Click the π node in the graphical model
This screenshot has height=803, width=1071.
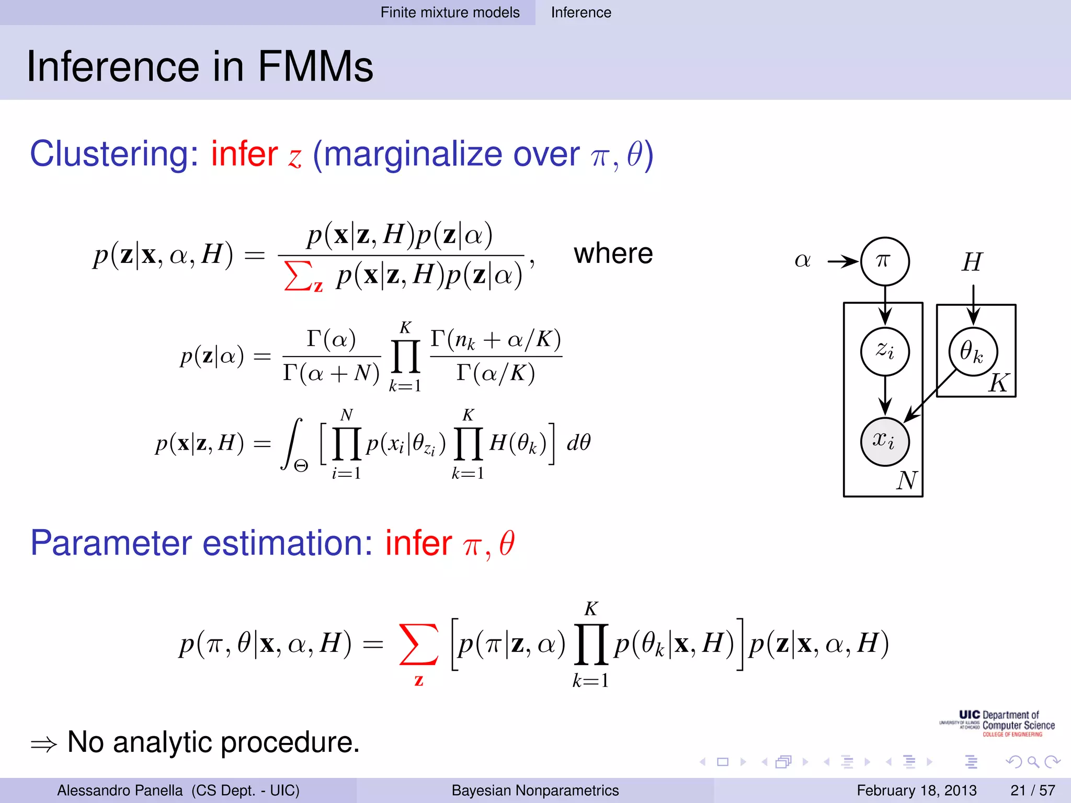(x=885, y=261)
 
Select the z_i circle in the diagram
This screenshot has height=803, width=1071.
(x=885, y=351)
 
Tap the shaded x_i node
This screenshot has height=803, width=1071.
(x=885, y=441)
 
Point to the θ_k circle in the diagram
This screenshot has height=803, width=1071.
(x=973, y=351)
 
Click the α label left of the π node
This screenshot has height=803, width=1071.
(x=803, y=260)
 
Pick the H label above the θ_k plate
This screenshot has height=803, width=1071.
(x=973, y=262)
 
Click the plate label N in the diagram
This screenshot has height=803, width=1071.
(x=907, y=480)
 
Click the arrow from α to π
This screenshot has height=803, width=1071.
(x=843, y=261)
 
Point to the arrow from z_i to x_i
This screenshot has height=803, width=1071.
(x=885, y=396)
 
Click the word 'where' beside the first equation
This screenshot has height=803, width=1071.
(x=613, y=254)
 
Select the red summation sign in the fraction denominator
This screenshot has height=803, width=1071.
(x=297, y=276)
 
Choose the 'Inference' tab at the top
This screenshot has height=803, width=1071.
(x=581, y=13)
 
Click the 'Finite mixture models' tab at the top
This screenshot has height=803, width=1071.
(x=450, y=13)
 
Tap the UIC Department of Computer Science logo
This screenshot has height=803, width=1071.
(x=997, y=724)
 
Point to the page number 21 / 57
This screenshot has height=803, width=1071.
(x=1032, y=790)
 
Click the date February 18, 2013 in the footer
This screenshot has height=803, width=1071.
(x=917, y=790)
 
